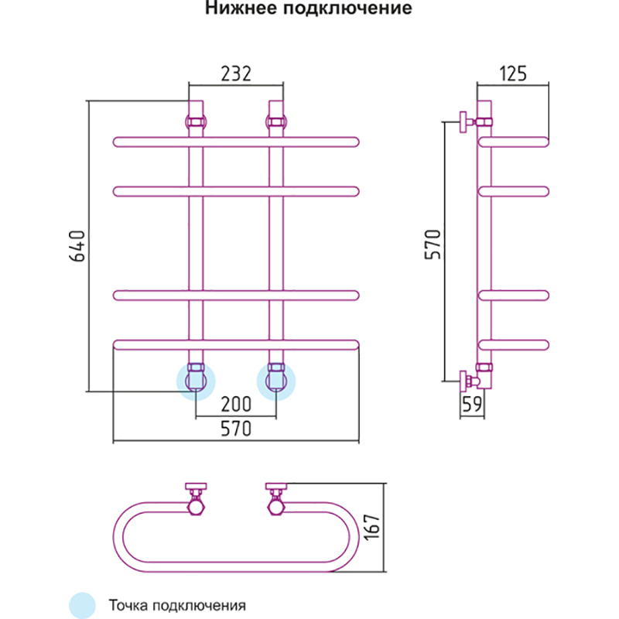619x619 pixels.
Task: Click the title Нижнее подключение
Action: click(x=308, y=10)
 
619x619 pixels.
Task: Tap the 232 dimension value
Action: click(x=237, y=74)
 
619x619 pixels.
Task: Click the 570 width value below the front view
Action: click(x=236, y=431)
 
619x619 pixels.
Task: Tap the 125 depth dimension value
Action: click(x=512, y=74)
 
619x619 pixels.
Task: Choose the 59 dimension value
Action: click(x=471, y=403)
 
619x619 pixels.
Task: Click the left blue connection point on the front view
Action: click(x=195, y=381)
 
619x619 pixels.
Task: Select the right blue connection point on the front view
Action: click(x=275, y=381)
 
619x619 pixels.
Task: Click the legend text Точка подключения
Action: click(x=177, y=604)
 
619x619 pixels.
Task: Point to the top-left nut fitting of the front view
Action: click(x=195, y=121)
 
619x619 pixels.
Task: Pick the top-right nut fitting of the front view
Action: click(x=275, y=121)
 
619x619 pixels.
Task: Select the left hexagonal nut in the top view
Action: click(x=197, y=508)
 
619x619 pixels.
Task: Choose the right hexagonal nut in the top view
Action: click(x=276, y=508)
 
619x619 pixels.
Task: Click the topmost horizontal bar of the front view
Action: click(x=236, y=142)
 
